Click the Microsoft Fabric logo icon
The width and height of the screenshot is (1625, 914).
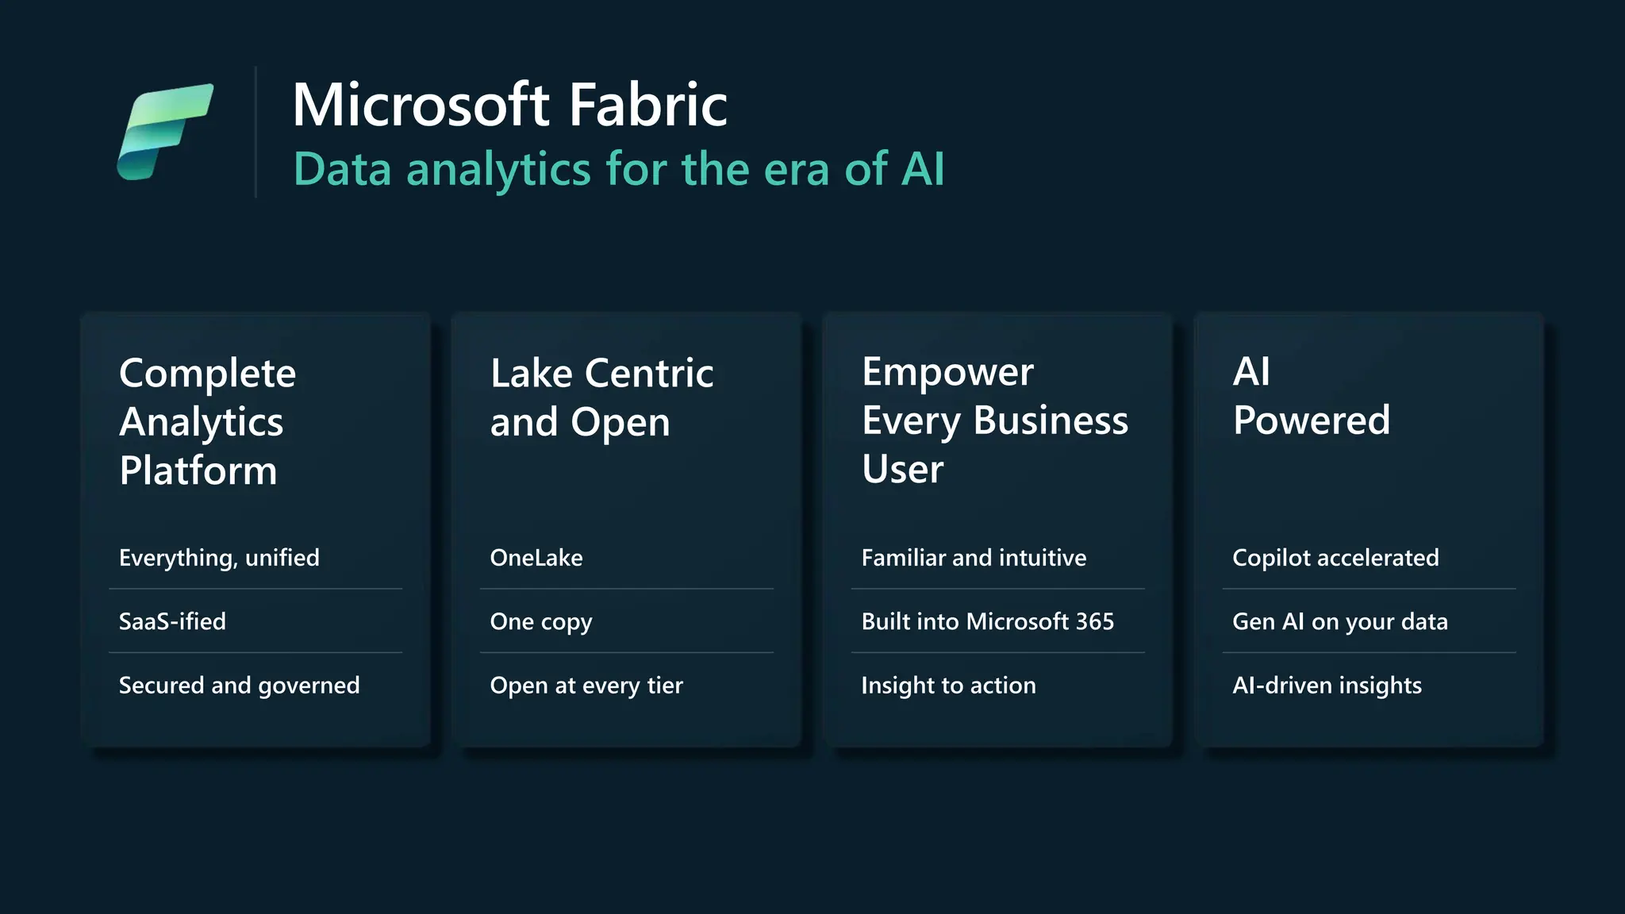point(165,131)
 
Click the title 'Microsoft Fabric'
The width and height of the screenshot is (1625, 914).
point(509,105)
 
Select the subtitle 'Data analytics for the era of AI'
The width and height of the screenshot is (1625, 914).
point(619,169)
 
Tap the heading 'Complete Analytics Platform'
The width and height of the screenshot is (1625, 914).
point(207,421)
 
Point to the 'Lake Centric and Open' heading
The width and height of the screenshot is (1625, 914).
point(601,397)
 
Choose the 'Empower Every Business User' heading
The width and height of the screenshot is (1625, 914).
point(994,420)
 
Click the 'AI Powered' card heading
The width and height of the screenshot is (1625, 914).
point(1311,396)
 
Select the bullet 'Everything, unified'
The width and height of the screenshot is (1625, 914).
point(219,558)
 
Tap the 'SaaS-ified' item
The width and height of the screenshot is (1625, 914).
point(172,621)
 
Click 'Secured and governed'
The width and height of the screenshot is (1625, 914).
point(239,685)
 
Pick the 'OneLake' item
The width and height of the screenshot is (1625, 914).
point(536,558)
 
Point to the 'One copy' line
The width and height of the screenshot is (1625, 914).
point(541,622)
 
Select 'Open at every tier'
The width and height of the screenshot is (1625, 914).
point(586,685)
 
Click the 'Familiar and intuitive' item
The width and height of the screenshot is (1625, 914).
point(974,558)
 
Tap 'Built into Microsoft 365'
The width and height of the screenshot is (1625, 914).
point(988,621)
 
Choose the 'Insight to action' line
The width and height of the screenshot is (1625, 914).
point(948,685)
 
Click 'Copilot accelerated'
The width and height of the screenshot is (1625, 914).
point(1335,558)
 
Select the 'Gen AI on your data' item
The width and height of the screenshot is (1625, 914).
point(1340,621)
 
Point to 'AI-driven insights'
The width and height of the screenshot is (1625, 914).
point(1327,685)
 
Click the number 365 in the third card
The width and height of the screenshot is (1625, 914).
point(1095,621)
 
